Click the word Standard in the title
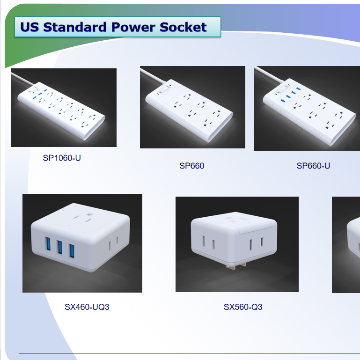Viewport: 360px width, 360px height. click(x=75, y=27)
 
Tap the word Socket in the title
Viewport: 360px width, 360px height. click(x=183, y=27)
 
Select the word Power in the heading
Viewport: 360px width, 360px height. click(x=133, y=27)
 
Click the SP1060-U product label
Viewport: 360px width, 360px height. click(x=62, y=158)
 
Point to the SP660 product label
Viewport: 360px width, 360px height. click(x=192, y=166)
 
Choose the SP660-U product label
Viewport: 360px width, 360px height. click(x=313, y=166)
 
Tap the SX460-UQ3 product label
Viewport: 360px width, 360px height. click(x=87, y=307)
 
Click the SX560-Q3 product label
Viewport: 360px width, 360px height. click(x=243, y=307)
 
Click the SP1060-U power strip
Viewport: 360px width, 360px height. click(x=61, y=110)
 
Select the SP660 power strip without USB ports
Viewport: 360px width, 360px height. click(x=189, y=110)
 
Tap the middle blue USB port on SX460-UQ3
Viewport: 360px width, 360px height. click(x=60, y=247)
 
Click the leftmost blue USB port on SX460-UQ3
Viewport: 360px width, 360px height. click(x=48, y=244)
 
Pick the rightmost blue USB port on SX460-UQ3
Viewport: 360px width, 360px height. click(x=72, y=251)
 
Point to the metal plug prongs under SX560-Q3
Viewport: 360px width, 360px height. click(x=236, y=266)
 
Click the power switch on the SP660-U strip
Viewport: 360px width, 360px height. click(x=281, y=89)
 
